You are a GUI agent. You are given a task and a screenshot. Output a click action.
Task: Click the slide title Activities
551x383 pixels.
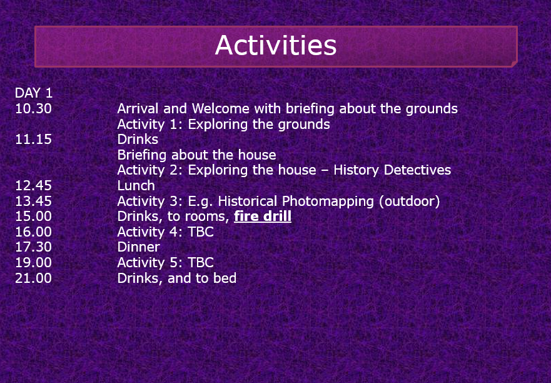coord(276,45)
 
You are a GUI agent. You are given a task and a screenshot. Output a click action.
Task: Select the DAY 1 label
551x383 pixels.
coord(34,93)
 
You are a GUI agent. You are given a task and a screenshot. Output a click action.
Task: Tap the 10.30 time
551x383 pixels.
coord(33,109)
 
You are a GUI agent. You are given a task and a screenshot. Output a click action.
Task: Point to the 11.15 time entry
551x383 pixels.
coord(33,140)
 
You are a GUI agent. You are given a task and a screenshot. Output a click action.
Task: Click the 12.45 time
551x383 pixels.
coord(33,186)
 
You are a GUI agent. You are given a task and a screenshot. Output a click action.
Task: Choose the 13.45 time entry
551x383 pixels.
coord(33,201)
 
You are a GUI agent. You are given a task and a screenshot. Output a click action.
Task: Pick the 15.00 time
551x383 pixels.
coord(33,217)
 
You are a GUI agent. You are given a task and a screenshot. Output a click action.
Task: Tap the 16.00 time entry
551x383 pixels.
coord(33,232)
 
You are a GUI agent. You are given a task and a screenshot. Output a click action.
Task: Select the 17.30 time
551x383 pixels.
coord(33,247)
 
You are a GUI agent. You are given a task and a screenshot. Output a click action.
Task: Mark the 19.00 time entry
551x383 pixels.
coord(33,263)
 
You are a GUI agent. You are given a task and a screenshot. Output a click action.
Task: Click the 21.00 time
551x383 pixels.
coord(33,278)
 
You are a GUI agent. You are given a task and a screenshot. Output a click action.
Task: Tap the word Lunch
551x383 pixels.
coord(136,186)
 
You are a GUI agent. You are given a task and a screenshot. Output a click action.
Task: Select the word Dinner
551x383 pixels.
coord(138,247)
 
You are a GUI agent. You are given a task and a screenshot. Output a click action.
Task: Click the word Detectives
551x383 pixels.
coord(417,170)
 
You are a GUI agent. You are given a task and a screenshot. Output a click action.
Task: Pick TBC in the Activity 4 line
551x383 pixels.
coord(201,232)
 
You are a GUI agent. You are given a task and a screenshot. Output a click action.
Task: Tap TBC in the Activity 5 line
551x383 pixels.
coord(201,263)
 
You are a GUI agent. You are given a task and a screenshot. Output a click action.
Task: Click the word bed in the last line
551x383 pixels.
coord(225,278)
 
